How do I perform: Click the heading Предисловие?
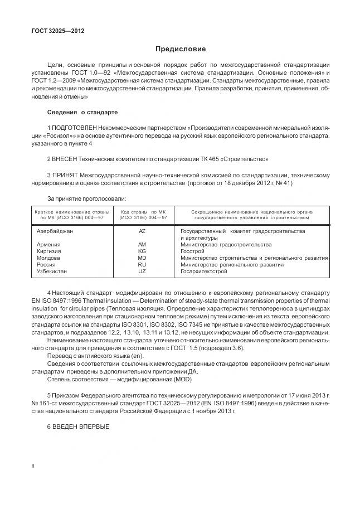180,49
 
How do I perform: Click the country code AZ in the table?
142,231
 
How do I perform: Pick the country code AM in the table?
142,245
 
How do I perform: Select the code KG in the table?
142,251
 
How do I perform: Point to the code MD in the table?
142,258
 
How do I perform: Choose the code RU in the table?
142,265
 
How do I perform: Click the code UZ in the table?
142,272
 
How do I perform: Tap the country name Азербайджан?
55,231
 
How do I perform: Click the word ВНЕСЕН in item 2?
69,159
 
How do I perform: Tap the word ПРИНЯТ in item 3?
68,175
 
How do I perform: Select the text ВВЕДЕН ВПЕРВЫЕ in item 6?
81,427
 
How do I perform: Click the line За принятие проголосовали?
86,198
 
